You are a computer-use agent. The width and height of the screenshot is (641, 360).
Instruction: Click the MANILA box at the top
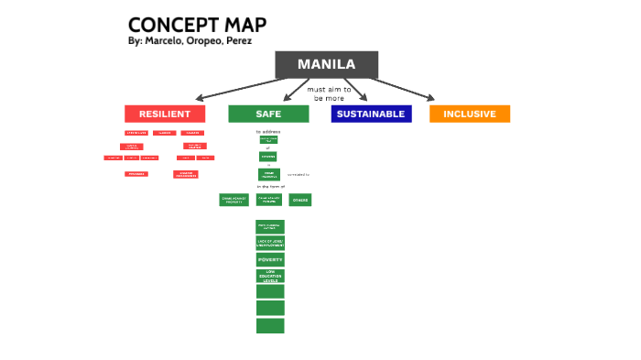(326, 64)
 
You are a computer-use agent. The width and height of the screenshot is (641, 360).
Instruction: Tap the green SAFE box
(268, 114)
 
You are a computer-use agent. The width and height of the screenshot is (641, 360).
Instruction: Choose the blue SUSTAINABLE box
(371, 114)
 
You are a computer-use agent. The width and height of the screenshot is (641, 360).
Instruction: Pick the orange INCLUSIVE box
(469, 114)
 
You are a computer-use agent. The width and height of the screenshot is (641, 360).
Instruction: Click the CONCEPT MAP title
(197, 25)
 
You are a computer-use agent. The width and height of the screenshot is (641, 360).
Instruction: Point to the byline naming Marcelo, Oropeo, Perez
(190, 41)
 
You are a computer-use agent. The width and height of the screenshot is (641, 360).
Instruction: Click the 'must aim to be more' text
(329, 93)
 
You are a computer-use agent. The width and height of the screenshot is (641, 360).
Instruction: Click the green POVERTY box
(270, 260)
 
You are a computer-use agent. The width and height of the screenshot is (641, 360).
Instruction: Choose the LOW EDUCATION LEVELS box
(270, 275)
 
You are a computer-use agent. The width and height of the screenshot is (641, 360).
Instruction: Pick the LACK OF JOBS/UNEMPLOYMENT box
(270, 243)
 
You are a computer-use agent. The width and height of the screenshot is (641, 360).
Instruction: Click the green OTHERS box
(300, 200)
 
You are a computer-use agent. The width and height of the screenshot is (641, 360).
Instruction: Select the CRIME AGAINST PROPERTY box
(234, 200)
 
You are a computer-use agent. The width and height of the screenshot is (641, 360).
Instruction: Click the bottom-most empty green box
(270, 325)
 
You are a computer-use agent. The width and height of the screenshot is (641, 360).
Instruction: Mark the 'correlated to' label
(299, 173)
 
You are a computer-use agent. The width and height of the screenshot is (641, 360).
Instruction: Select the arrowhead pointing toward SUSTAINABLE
(364, 98)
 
